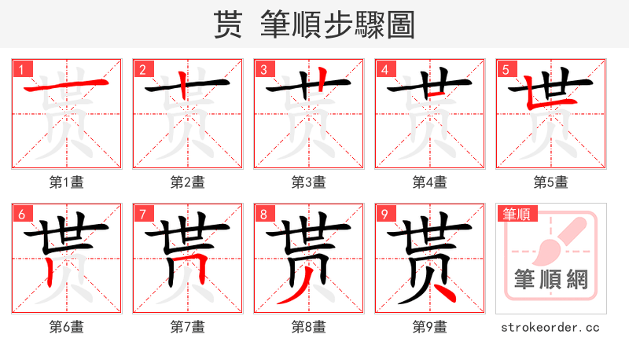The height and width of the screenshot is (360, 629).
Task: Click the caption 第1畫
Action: click(67, 182)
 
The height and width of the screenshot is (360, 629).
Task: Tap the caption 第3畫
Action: click(309, 182)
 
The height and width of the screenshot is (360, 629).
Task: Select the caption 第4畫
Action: click(430, 182)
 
